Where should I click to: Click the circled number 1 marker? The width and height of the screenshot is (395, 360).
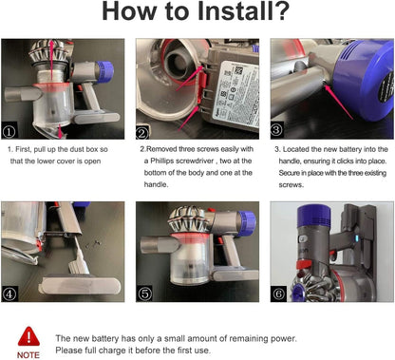[x=10, y=132]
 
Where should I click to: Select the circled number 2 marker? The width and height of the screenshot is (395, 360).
[x=143, y=132]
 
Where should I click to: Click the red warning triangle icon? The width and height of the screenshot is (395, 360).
[x=29, y=336]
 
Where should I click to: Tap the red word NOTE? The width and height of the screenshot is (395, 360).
[x=29, y=354]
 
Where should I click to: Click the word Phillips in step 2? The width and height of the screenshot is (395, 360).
[x=163, y=161]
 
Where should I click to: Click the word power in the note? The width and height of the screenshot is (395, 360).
[x=265, y=337]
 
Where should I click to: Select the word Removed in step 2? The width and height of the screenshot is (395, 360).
[x=161, y=149]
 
